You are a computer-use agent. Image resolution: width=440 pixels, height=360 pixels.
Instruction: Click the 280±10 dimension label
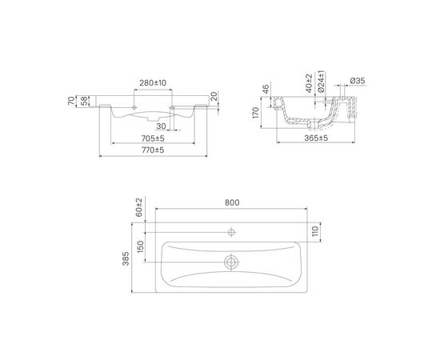(153, 83)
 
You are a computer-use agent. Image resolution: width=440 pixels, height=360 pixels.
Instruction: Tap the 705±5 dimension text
(153, 138)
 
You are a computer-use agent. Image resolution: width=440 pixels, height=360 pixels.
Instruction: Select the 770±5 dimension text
(153, 150)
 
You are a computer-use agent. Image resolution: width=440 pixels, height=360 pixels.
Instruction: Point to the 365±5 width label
(316, 138)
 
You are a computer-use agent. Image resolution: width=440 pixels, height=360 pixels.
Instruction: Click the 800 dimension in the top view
(232, 202)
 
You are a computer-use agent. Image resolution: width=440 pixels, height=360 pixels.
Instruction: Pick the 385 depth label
(126, 258)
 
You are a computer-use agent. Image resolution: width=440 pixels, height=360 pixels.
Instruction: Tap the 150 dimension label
(141, 246)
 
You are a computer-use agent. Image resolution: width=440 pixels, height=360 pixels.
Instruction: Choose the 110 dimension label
(316, 231)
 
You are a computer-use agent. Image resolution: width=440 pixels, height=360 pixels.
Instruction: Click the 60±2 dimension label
(139, 207)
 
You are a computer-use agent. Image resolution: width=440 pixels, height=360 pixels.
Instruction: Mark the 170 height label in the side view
(256, 113)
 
